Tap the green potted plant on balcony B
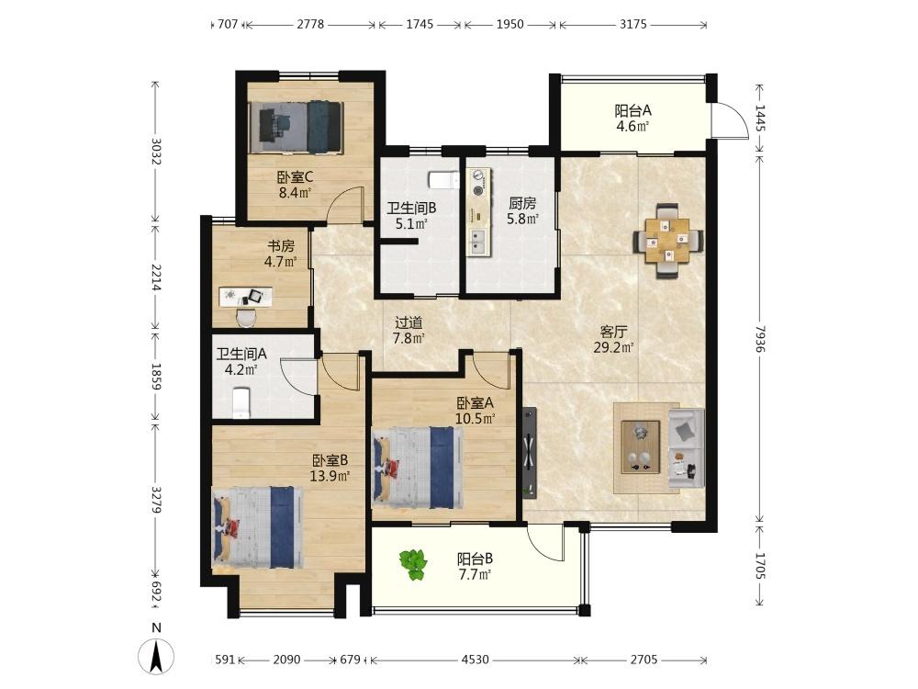point(413,565)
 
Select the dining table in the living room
point(667,240)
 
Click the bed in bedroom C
point(296,128)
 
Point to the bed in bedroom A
point(417,468)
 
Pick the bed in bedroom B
point(258,527)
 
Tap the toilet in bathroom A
point(241,403)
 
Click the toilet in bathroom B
point(443,180)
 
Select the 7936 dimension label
point(760,338)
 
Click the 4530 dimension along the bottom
point(475,660)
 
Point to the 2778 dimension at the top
point(310,25)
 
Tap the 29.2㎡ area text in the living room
point(613,347)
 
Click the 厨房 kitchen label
point(522,203)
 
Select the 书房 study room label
point(280,246)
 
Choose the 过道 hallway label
point(409,322)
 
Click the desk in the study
point(245,297)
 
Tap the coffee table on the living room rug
point(641,446)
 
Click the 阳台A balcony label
point(633,110)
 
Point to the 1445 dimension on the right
point(760,118)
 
